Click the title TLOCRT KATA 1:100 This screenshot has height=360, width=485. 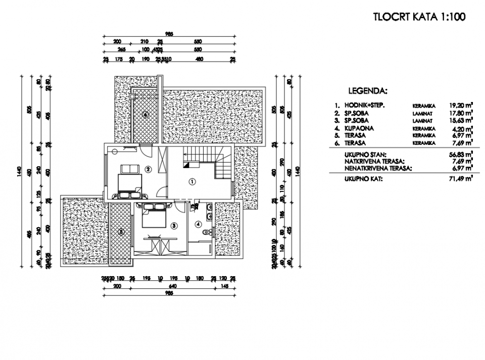pyautogui.click(x=419, y=17)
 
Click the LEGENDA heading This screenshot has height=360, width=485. pyautogui.click(x=368, y=91)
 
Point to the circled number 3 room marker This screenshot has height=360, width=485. pyautogui.click(x=174, y=226)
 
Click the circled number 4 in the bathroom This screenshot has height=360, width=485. pyautogui.click(x=199, y=224)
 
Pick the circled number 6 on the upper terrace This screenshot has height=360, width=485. pyautogui.click(x=145, y=114)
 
